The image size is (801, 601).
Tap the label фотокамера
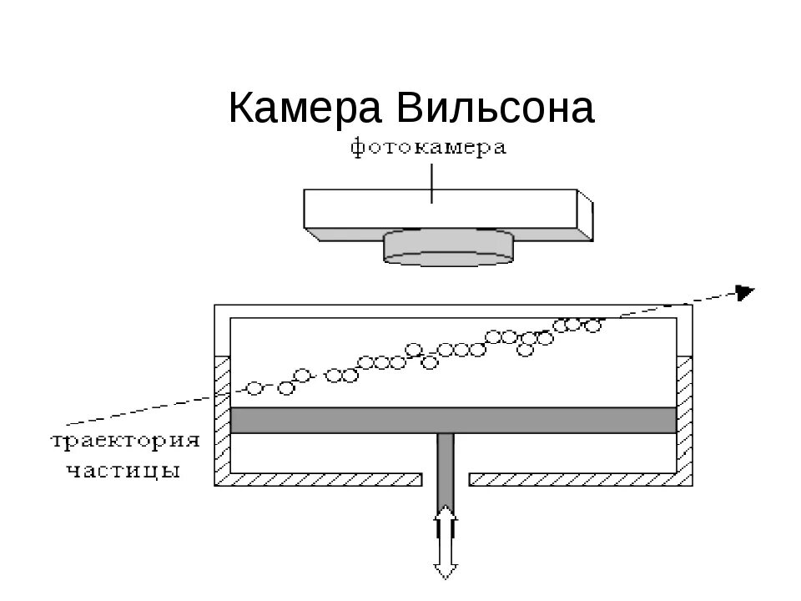click(x=428, y=149)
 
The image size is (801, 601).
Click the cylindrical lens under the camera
click(x=449, y=248)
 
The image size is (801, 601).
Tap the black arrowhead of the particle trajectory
click(x=744, y=290)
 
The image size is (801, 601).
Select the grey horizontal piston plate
click(x=453, y=420)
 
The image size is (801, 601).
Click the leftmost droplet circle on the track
click(x=255, y=388)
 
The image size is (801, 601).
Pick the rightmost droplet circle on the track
click(x=593, y=325)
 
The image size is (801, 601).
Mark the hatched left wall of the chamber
click(x=222, y=417)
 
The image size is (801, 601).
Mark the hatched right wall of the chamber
click(x=684, y=417)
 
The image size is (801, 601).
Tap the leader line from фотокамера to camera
click(x=432, y=181)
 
